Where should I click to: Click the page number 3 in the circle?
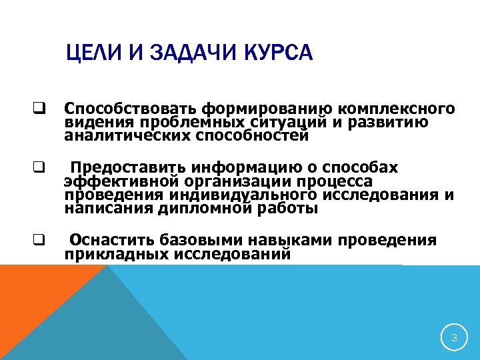pos(454,338)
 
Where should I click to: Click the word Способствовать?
pos(131,109)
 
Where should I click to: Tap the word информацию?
pos(239,167)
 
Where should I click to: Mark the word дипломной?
pos(206,208)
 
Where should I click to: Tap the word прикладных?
pos(117,253)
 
